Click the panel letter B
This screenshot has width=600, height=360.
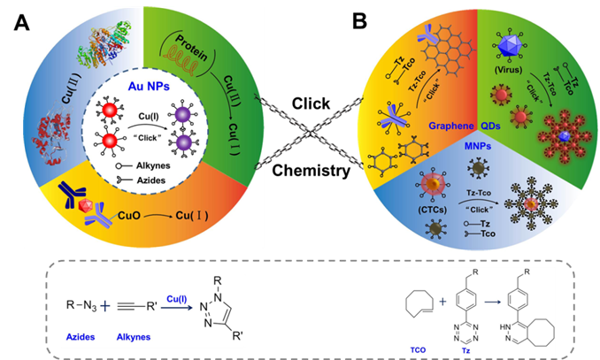point(361,20)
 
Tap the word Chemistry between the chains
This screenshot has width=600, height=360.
point(312,171)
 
